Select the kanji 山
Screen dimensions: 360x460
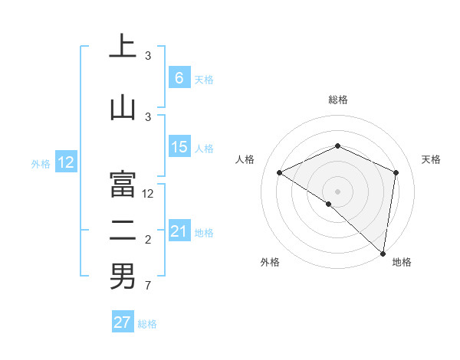point(122,107)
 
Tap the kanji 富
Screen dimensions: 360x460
point(122,184)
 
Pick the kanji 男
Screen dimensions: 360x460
point(122,277)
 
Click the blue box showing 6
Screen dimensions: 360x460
point(179,78)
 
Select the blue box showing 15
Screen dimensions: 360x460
point(179,147)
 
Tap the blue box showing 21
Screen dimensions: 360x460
point(179,231)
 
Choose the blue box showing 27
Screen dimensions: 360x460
point(123,322)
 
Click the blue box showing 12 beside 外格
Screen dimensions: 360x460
point(65,162)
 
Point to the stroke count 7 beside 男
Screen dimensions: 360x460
point(147,286)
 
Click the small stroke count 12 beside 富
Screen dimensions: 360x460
point(149,194)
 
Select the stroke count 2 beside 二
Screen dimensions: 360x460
point(147,240)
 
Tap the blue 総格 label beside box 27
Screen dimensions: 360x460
point(147,324)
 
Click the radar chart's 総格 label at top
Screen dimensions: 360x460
point(337,100)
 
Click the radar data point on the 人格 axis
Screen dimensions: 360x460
point(280,172)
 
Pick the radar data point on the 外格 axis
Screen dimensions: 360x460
point(328,204)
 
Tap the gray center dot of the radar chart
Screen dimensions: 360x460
point(337,191)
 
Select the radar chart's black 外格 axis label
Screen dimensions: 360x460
point(270,262)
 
